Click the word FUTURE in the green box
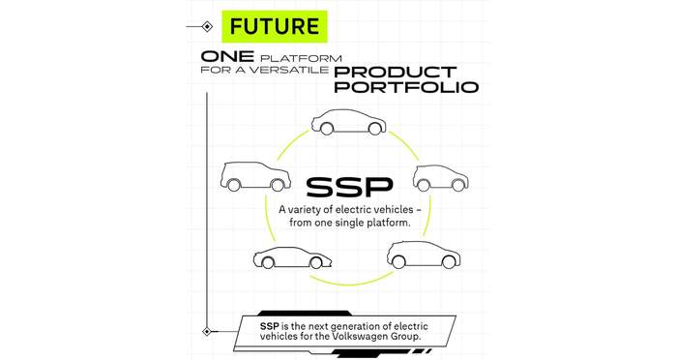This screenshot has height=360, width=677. click(275, 26)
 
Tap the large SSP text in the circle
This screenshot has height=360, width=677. click(349, 187)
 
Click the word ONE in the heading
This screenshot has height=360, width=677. click(227, 56)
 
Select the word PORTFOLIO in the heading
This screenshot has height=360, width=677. click(406, 86)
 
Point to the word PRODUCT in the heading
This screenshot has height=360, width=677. click(389, 72)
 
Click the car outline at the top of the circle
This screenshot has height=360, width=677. click(348, 121)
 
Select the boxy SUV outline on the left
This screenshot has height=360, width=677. click(255, 177)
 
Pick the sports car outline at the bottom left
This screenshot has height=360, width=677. click(292, 257)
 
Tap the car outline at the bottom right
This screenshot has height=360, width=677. click(424, 255)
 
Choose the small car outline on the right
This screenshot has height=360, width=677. click(440, 178)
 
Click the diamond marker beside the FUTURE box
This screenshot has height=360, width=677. click(207, 27)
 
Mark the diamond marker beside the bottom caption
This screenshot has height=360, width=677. click(207, 332)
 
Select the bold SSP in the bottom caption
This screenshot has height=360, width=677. click(270, 326)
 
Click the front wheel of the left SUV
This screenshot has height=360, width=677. click(277, 185)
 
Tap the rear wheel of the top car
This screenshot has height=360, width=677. click(327, 129)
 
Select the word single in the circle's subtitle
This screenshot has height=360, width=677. click(349, 223)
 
